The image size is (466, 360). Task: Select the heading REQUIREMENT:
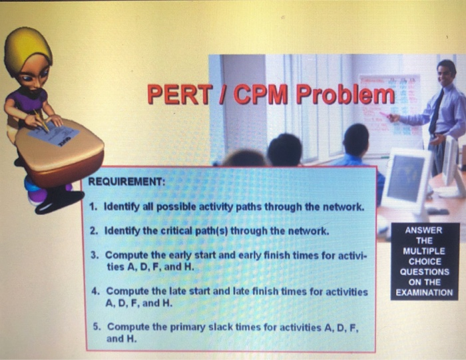point(126,182)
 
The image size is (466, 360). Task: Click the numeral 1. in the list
point(95,207)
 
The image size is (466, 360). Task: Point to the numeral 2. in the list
point(95,231)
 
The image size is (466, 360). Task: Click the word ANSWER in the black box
point(423,230)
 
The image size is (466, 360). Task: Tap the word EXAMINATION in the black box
point(423,292)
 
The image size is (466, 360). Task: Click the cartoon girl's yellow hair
point(27,47)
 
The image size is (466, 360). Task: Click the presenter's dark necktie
point(436,113)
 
